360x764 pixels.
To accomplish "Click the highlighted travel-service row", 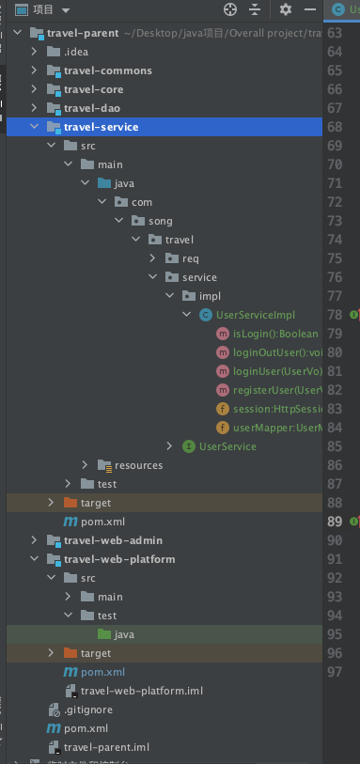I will [101, 127].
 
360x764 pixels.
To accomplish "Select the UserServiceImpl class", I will [255, 315].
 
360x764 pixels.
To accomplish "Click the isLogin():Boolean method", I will [275, 334].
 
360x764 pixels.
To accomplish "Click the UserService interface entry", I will [227, 446].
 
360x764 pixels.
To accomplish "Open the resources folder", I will [138, 465].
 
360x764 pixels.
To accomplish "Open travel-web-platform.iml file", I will [142, 691].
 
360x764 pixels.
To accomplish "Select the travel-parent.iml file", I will [106, 747].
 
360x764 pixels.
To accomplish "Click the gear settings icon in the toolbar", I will [286, 9].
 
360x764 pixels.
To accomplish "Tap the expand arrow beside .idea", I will [35, 52].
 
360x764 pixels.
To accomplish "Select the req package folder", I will [191, 258].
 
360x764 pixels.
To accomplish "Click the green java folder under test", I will [124, 634].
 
